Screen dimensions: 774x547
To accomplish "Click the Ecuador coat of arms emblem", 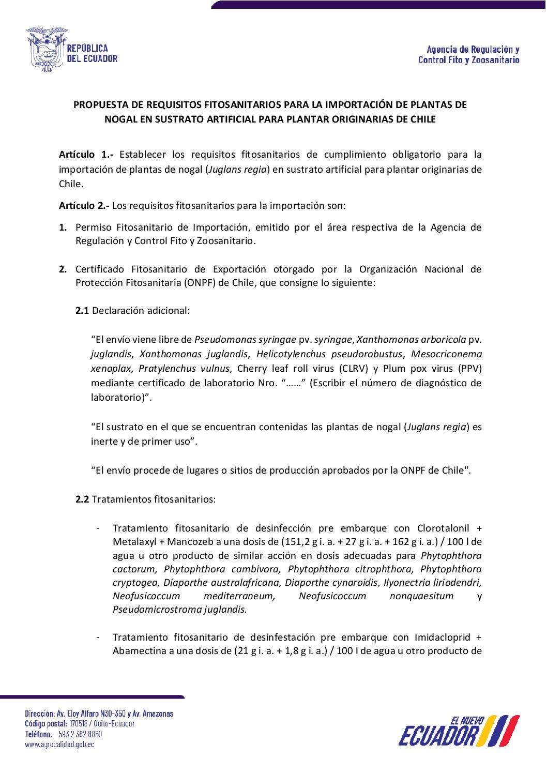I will tap(47, 49).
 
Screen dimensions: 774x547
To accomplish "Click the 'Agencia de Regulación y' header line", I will tap(473, 50).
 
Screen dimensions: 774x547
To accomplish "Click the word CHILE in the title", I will tap(423, 119).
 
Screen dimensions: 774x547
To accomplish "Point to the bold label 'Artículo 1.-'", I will tap(86, 155).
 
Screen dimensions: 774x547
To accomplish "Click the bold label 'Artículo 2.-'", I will tap(84, 206).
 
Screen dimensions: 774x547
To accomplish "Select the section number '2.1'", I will tap(82, 311).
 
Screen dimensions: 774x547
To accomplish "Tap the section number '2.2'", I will tap(82, 499).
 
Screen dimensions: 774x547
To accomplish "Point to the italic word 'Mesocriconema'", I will tap(446, 354).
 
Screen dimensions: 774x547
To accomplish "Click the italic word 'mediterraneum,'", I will tap(239, 596).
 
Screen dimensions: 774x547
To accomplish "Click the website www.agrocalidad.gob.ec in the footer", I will tap(59, 745).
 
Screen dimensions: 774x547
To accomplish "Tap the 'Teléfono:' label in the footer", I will tap(39, 734).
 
